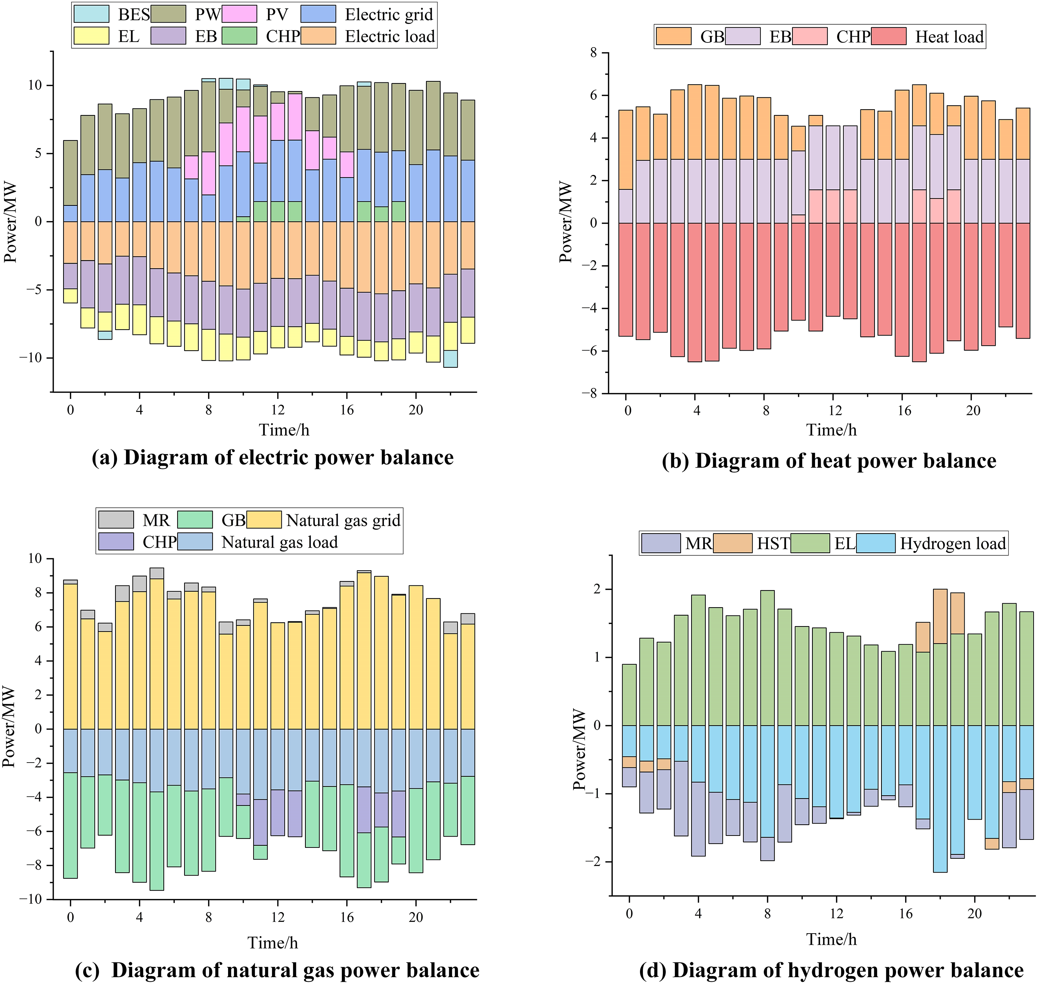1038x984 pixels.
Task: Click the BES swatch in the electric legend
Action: coord(91,14)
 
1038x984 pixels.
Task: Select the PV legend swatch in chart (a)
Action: coord(239,14)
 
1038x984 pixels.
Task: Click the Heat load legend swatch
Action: coord(888,36)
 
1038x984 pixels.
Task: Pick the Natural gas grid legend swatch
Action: coord(264,520)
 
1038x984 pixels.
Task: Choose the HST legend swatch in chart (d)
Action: coord(732,543)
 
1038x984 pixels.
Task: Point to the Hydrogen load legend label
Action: coord(953,544)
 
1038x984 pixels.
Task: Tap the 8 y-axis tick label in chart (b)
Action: coord(593,53)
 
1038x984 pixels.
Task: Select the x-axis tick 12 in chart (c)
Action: coord(277,917)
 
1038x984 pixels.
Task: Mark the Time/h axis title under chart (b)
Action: coord(831,430)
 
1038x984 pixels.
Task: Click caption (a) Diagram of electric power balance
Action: coord(272,457)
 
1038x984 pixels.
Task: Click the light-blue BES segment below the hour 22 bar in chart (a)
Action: coord(450,359)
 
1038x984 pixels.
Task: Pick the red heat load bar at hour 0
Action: coord(625,279)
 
